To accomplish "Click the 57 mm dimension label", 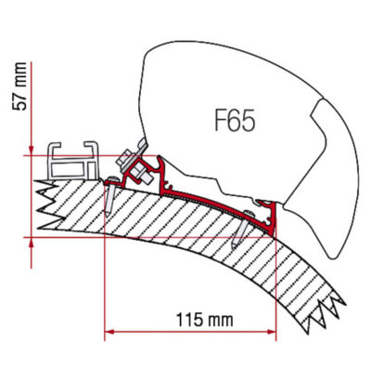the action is click(x=19, y=86).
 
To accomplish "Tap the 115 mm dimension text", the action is click(x=204, y=319).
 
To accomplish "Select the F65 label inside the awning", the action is click(x=235, y=121).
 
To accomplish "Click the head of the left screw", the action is click(x=113, y=178).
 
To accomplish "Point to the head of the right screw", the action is click(x=249, y=213).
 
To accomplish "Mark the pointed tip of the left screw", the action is click(x=107, y=215).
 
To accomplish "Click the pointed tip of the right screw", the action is click(x=234, y=247).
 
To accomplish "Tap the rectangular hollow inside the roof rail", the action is click(x=68, y=169).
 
